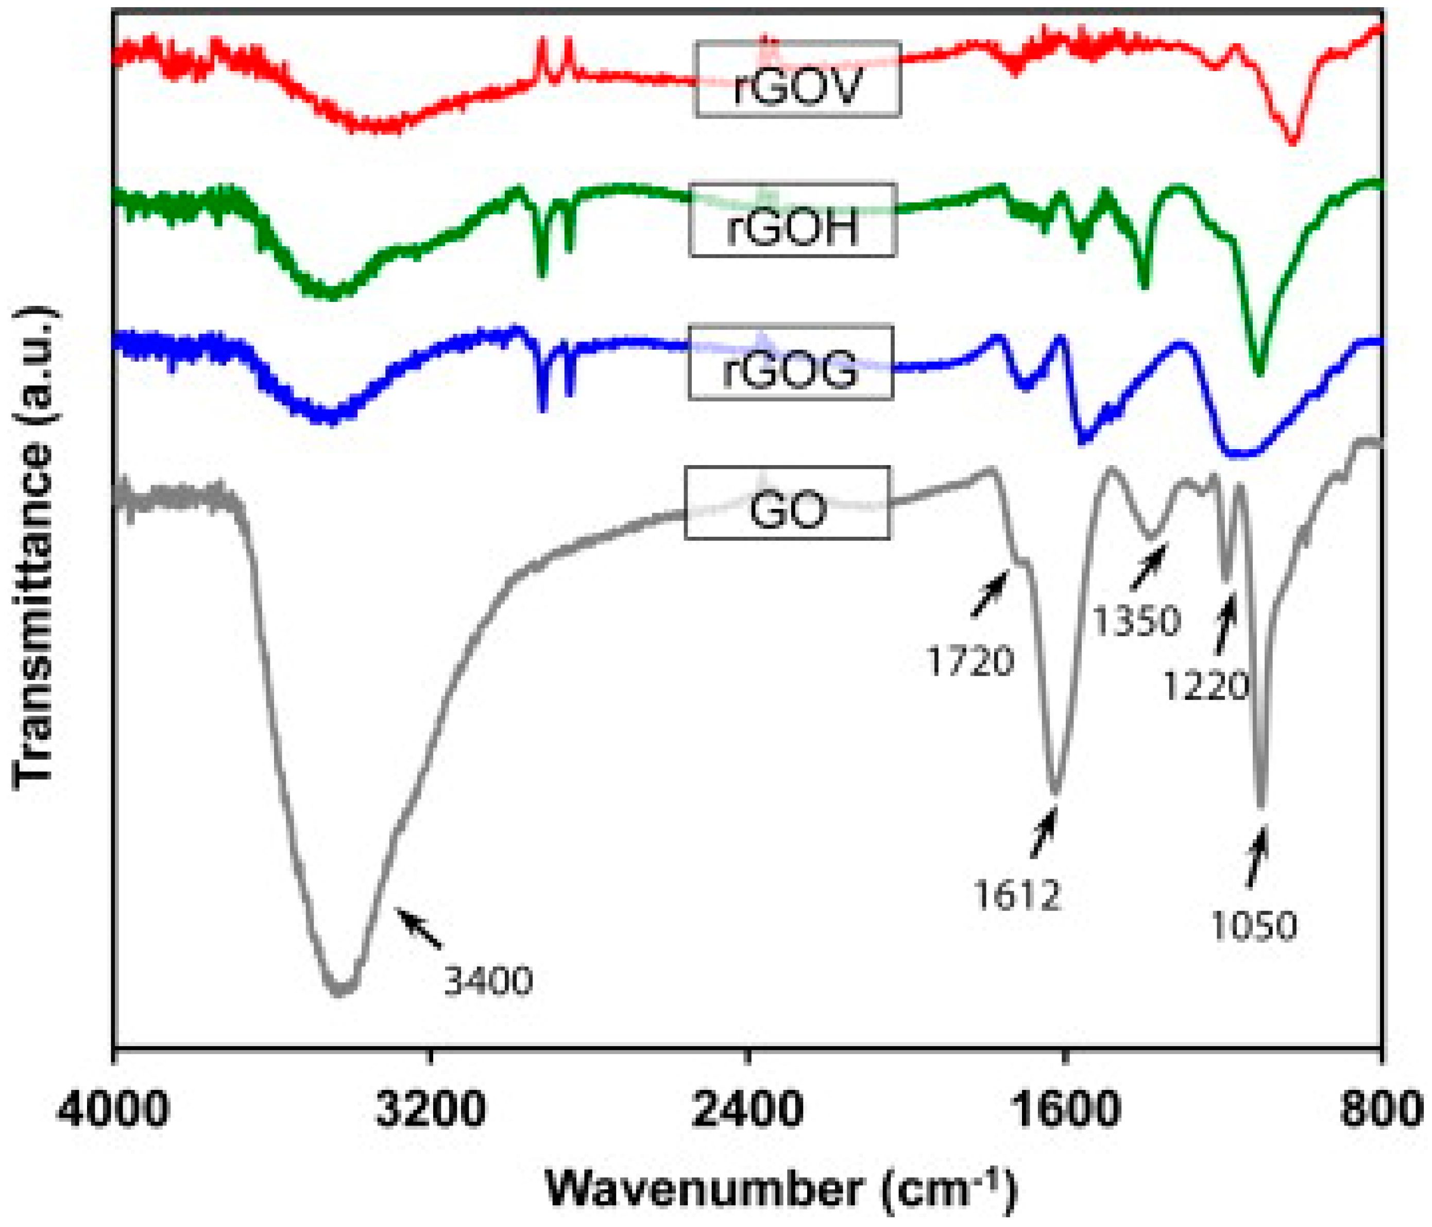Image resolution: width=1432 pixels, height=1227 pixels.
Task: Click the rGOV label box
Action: click(797, 79)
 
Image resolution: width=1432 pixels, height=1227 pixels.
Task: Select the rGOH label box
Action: click(793, 220)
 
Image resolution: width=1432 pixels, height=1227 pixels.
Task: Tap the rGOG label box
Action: click(791, 362)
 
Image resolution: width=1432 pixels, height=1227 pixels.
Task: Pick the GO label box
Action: click(787, 503)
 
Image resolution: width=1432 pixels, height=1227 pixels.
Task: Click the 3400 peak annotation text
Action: click(488, 980)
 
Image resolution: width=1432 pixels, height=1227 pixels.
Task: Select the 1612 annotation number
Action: click(1017, 896)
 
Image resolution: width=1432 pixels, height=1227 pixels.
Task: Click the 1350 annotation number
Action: click(1136, 621)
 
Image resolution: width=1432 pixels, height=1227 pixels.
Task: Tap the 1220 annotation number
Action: click(1205, 686)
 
